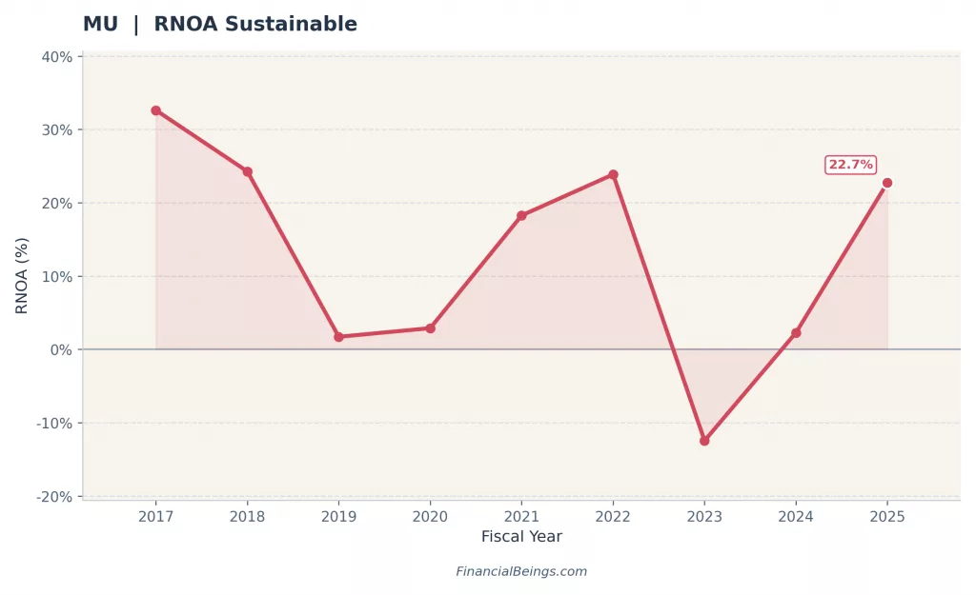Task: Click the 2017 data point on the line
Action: tap(155, 110)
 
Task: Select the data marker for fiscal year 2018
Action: tap(247, 171)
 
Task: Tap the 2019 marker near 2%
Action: tap(338, 337)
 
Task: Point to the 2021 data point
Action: tap(521, 215)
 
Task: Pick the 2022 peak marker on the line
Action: tap(613, 174)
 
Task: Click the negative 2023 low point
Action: tap(704, 441)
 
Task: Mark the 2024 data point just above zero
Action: tap(796, 333)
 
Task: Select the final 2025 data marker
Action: tap(887, 183)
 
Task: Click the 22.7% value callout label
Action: tap(850, 165)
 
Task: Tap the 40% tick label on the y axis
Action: tap(56, 56)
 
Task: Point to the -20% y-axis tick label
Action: tap(54, 497)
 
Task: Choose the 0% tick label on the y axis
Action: tap(60, 349)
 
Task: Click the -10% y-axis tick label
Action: tap(54, 424)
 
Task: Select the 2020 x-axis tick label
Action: tap(430, 516)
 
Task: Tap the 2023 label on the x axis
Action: tap(704, 516)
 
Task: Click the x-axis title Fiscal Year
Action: tap(521, 537)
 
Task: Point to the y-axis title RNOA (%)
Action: tap(22, 275)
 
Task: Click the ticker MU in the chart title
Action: tap(100, 25)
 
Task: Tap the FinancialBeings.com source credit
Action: tap(521, 572)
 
